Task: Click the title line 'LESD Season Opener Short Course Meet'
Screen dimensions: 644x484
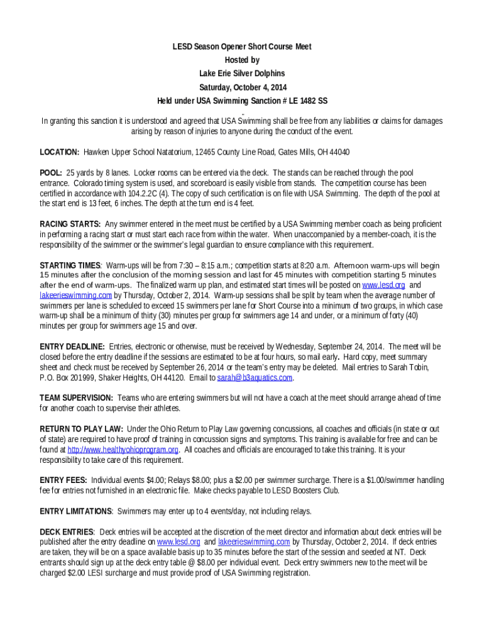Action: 242,47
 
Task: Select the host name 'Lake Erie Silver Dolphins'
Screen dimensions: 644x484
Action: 242,74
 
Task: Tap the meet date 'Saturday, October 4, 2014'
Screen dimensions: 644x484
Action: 242,87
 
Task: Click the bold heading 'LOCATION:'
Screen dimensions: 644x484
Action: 59,152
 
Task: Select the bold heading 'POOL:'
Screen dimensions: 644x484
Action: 51,173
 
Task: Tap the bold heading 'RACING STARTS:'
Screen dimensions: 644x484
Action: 70,224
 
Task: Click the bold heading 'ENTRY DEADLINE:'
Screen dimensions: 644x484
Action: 72,347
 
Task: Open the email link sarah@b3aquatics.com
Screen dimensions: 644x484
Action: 255,377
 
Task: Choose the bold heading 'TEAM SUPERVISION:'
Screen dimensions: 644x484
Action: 76,398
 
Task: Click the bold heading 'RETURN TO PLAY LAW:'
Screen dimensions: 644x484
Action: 81,429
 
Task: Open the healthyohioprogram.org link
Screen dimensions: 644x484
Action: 123,450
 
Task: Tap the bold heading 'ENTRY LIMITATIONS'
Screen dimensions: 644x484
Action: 76,511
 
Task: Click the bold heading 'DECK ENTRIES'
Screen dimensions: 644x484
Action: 67,531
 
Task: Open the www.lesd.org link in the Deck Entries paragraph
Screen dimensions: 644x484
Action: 179,541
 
